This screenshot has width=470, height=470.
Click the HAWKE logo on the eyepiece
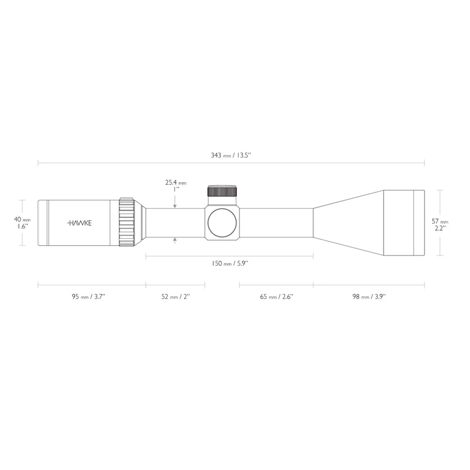[x=79, y=223]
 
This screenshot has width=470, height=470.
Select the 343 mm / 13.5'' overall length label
[x=231, y=155]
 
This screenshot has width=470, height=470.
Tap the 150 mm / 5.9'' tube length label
[x=230, y=264]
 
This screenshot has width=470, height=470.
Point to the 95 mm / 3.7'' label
[x=88, y=297]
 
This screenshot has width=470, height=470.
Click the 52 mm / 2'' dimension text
[x=176, y=297]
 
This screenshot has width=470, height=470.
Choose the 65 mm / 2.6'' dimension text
[x=276, y=297]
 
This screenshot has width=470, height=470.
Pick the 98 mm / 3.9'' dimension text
[x=369, y=297]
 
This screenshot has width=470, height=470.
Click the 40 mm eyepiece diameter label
[x=22, y=219]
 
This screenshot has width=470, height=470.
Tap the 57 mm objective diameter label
[x=440, y=221]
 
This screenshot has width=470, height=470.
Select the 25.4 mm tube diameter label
[x=176, y=182]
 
